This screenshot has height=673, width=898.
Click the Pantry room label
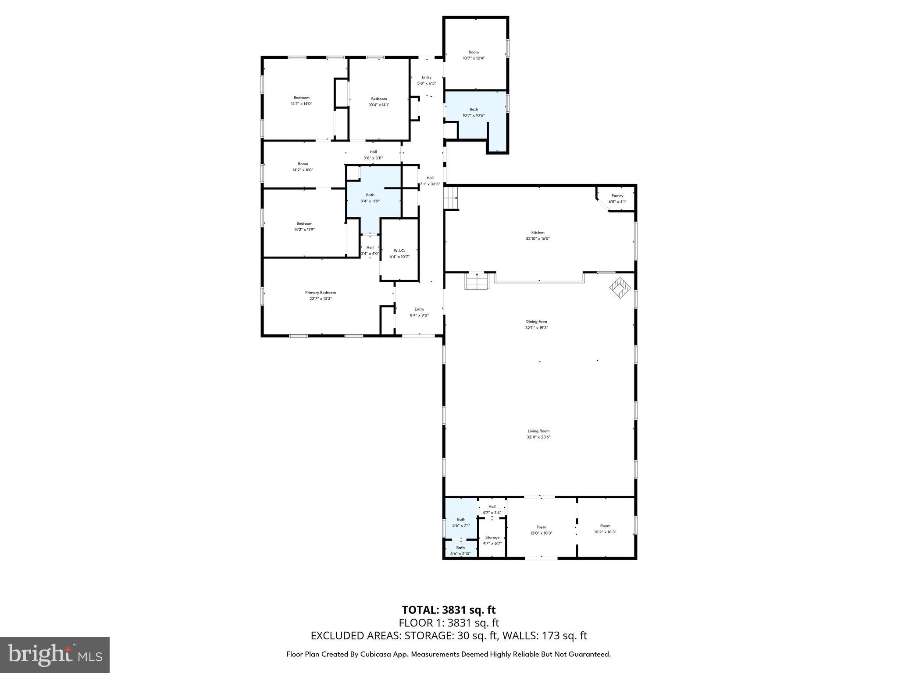click(617, 196)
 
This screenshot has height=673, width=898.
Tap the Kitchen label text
click(538, 233)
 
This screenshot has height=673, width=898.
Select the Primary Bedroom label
click(320, 293)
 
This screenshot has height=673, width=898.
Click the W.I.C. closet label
click(399, 251)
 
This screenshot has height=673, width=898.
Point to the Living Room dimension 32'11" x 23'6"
click(538, 437)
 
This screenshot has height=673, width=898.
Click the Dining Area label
click(536, 322)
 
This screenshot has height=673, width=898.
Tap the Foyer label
click(541, 527)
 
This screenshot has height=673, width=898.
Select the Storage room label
click(492, 537)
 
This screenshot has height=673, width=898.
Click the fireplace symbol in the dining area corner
click(620, 288)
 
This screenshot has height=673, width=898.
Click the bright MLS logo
click(55, 655)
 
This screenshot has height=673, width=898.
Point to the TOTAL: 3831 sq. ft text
click(449, 610)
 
